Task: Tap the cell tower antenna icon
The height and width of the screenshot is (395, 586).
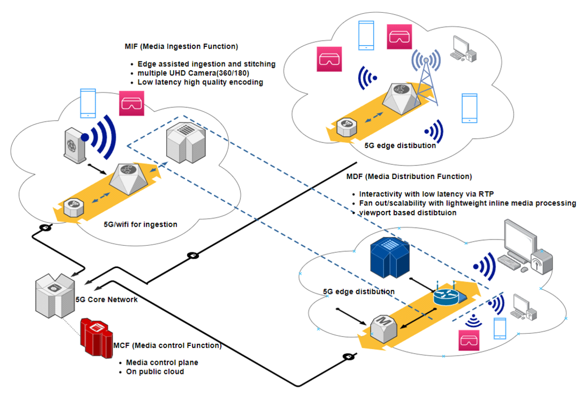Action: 426,76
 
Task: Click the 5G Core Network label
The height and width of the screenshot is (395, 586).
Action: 106,300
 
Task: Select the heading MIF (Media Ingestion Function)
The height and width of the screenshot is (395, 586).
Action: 181,46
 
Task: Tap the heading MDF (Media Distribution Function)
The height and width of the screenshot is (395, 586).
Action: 409,176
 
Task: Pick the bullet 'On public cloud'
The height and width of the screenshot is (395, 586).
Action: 155,372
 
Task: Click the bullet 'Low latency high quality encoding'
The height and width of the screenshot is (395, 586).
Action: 200,82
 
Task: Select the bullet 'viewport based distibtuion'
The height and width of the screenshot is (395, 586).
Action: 408,213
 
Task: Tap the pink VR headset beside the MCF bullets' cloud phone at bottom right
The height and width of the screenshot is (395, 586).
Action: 469,340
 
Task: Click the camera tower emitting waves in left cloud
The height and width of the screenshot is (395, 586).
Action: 75,146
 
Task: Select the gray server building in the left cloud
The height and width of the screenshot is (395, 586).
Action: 186,143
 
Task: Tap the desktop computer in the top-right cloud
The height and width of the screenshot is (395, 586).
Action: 463,49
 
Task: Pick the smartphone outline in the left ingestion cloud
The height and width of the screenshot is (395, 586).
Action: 88,103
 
